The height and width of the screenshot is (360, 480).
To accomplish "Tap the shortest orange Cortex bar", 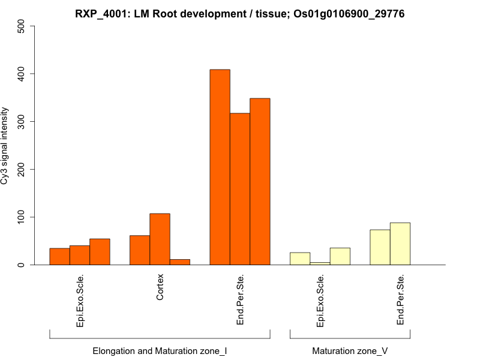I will tap(180, 262).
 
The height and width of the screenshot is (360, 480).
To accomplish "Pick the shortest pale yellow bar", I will tap(320, 263).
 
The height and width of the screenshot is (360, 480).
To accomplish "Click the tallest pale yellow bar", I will tap(400, 244).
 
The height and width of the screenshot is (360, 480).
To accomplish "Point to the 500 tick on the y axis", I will tap(22, 27).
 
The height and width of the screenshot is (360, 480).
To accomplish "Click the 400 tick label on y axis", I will tap(22, 74).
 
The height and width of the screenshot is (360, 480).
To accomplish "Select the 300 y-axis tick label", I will tap(22, 122).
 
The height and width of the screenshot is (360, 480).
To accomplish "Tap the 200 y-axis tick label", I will tap(22, 169).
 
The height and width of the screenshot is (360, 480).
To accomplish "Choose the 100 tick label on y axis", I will tap(22, 217).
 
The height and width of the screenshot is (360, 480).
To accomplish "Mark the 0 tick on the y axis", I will tap(22, 265).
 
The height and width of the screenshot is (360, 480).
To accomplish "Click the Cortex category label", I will tap(160, 288).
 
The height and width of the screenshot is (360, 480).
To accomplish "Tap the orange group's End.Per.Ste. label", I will tap(240, 300).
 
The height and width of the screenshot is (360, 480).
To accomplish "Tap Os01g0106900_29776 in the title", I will tap(349, 13).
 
